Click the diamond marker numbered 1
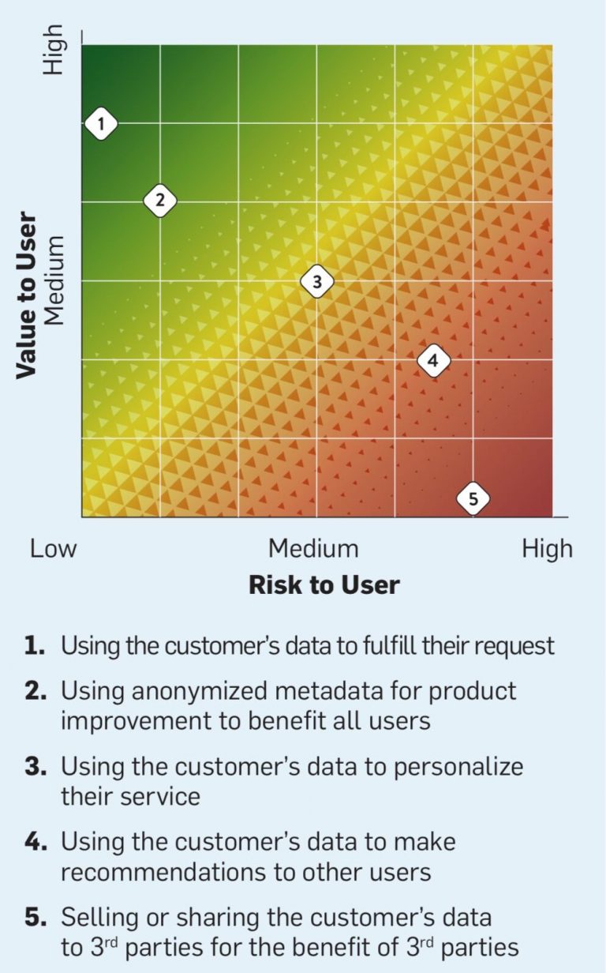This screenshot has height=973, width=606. point(101,123)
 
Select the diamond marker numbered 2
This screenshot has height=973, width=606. point(159,200)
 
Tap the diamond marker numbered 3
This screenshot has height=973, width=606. point(316,280)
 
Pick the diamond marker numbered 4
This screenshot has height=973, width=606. point(432,361)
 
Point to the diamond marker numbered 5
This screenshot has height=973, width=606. point(473,498)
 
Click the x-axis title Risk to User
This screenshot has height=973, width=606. point(324,585)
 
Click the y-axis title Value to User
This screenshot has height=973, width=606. point(27,295)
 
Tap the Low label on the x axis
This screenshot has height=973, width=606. point(53,549)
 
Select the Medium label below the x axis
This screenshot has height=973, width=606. point(313,549)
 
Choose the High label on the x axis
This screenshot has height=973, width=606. point(547,549)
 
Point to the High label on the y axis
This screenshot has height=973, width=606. point(53,49)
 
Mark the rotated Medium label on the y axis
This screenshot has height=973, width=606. point(53,282)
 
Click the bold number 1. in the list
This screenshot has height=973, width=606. point(35,646)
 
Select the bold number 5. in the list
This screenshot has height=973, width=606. point(35,917)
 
